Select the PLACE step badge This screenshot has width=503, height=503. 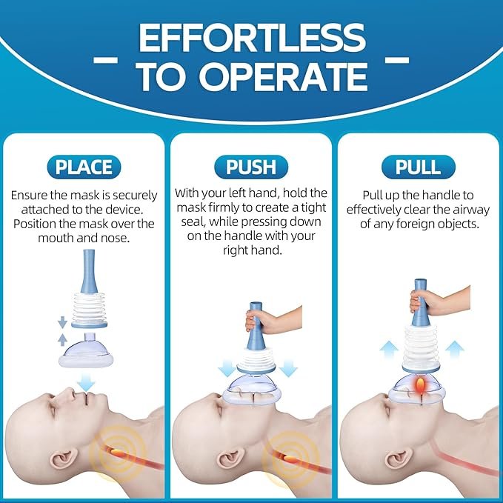click(84, 167)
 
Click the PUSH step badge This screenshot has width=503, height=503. click(251, 167)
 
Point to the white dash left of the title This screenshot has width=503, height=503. click(105, 60)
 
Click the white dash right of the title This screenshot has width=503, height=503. click(397, 60)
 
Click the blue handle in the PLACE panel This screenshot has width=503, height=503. click(89, 271)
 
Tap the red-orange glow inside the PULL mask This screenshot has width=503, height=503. click(419, 385)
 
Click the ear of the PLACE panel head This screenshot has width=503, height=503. click(64, 459)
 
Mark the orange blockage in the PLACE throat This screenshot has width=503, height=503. click(119, 452)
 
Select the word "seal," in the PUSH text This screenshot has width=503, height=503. click(194, 221)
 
